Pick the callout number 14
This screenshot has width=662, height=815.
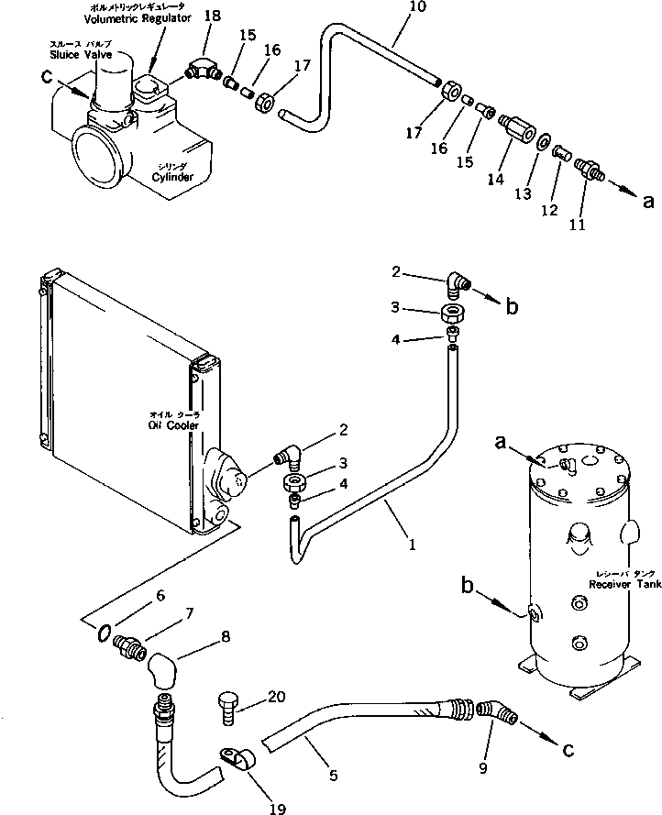tap(496, 180)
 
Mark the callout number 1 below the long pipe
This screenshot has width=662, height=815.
tap(413, 544)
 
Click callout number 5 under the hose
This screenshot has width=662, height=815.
tap(333, 776)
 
